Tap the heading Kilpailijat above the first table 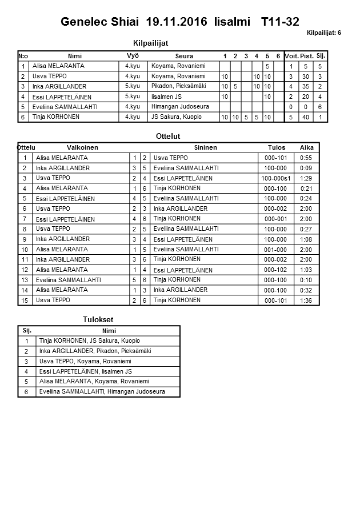(x=150, y=43)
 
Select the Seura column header (x=184, y=56)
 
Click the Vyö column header (x=133, y=56)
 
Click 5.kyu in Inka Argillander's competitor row (x=133, y=86)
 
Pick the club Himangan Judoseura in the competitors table (x=180, y=107)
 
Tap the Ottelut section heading (x=168, y=137)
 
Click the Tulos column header (x=277, y=147)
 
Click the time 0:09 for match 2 (x=306, y=168)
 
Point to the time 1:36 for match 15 (x=306, y=300)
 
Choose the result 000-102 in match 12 (x=276, y=270)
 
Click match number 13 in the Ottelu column (x=25, y=280)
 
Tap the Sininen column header (x=205, y=147)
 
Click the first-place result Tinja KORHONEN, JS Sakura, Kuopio (x=89, y=341)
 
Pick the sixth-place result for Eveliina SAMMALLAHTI (x=102, y=392)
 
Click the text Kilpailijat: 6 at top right (x=324, y=33)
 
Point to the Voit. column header (x=291, y=56)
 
